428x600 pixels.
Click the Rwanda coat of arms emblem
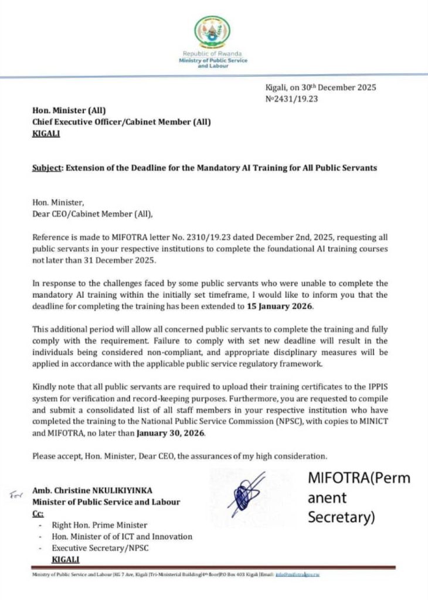[x=213, y=33]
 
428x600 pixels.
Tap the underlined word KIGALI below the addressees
[x=46, y=133]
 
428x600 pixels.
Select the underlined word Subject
[x=46, y=168]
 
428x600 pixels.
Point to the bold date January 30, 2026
[x=170, y=434]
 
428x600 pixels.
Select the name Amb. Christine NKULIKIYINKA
[x=89, y=490]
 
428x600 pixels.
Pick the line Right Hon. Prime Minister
[x=100, y=525]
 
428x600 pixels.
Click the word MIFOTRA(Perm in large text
[x=359, y=478]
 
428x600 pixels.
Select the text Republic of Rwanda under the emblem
[x=213, y=54]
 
